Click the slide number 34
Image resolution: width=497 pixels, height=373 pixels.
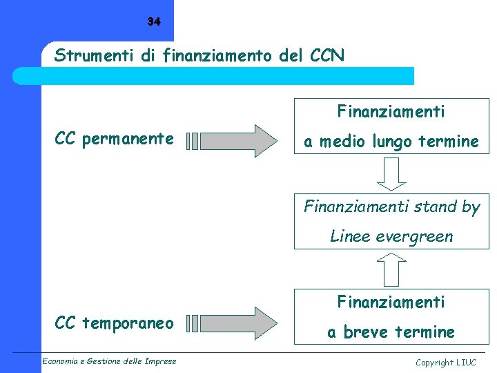click(153, 22)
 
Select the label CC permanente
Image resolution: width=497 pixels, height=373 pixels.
click(114, 139)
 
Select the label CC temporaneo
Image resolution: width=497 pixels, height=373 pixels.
click(114, 323)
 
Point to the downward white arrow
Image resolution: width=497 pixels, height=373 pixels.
click(391, 173)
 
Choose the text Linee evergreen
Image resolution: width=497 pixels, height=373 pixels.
click(391, 236)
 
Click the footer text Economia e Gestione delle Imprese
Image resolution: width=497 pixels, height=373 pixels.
click(108, 361)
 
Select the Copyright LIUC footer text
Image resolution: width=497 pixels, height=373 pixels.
click(445, 362)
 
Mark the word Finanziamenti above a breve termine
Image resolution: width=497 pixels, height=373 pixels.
click(391, 302)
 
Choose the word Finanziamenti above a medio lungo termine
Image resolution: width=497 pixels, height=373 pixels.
click(391, 111)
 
